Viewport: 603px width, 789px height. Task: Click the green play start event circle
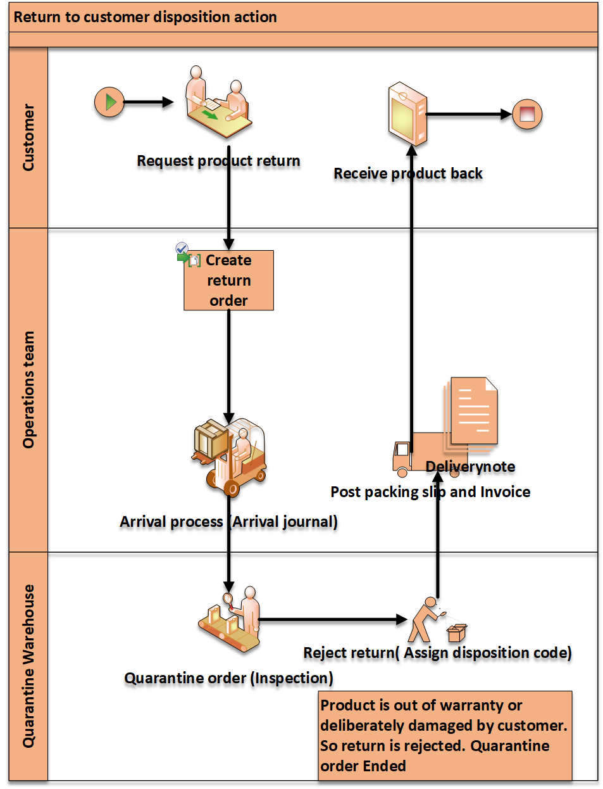(109, 102)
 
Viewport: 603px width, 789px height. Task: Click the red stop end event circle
(526, 115)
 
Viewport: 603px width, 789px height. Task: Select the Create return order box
(228, 281)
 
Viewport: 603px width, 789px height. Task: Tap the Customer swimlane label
(28, 137)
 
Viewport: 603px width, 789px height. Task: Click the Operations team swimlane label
(28, 389)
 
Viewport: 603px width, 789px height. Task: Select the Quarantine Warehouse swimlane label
(28, 666)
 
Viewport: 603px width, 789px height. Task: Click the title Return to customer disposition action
(146, 17)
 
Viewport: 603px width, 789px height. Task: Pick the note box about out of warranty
(445, 735)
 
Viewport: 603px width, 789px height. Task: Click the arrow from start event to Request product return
(148, 102)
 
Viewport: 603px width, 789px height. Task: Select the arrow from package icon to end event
(468, 115)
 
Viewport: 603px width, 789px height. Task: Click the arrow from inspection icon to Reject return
(332, 619)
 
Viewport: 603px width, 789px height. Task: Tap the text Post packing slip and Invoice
(430, 492)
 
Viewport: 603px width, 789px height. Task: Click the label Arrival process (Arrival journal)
(228, 522)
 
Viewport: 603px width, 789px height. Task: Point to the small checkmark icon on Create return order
(182, 248)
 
